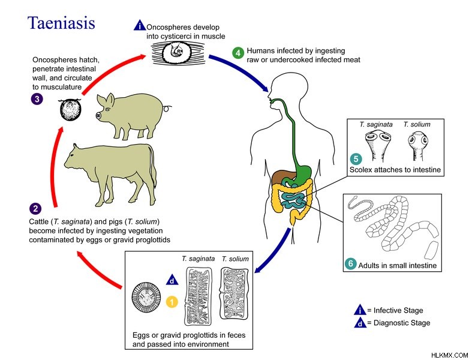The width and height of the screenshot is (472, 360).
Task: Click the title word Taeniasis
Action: [61, 23]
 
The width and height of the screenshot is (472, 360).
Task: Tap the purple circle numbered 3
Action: [37, 99]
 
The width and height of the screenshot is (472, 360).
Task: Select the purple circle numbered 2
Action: [35, 209]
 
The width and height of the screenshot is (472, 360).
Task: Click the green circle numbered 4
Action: [238, 53]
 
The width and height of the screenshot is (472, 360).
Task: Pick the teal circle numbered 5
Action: [356, 159]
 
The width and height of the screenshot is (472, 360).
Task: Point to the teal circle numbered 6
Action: [351, 263]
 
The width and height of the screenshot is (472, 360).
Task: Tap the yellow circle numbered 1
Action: [172, 302]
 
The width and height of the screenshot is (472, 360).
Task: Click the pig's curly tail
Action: [167, 108]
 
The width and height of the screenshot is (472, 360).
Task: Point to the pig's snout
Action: [98, 115]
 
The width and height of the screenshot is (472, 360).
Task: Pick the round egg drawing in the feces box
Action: [146, 297]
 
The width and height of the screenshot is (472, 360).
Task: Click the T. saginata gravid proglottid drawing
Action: [198, 296]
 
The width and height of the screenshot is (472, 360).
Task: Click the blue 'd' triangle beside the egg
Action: [172, 280]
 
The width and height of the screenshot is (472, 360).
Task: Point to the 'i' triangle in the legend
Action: [360, 310]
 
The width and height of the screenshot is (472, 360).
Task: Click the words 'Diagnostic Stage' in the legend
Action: [402, 323]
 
